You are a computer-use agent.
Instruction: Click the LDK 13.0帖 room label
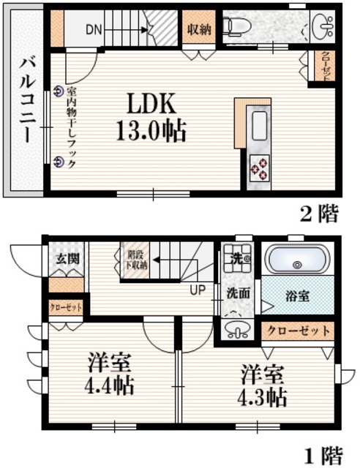pyautogui.click(x=149, y=116)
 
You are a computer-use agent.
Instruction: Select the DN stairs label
pyautogui.click(x=93, y=30)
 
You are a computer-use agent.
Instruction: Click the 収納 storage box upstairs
pyautogui.click(x=198, y=30)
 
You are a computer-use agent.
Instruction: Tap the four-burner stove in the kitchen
pyautogui.click(x=259, y=169)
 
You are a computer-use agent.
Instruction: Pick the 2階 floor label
pyautogui.click(x=320, y=214)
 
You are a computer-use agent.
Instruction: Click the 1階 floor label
pyautogui.click(x=321, y=456)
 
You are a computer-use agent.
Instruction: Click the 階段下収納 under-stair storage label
pyautogui.click(x=136, y=260)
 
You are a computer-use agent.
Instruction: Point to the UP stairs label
pyautogui.click(x=198, y=289)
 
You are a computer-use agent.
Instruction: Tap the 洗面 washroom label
pyautogui.click(x=238, y=294)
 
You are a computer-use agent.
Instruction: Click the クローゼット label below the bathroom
pyautogui.click(x=298, y=331)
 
